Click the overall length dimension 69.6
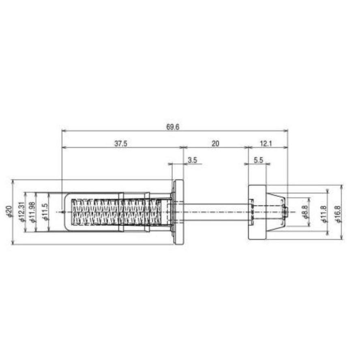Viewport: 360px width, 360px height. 173,127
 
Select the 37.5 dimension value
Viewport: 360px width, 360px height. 121,144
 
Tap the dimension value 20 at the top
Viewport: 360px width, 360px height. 215,144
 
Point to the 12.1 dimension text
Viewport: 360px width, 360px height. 266,144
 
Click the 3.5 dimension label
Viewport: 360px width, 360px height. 193,160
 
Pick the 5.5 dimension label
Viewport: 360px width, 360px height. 259,160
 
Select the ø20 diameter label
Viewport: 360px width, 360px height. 9,212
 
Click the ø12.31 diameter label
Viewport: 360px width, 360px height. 22,212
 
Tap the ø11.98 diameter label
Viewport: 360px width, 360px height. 32,212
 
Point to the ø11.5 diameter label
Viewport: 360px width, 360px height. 45,212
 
